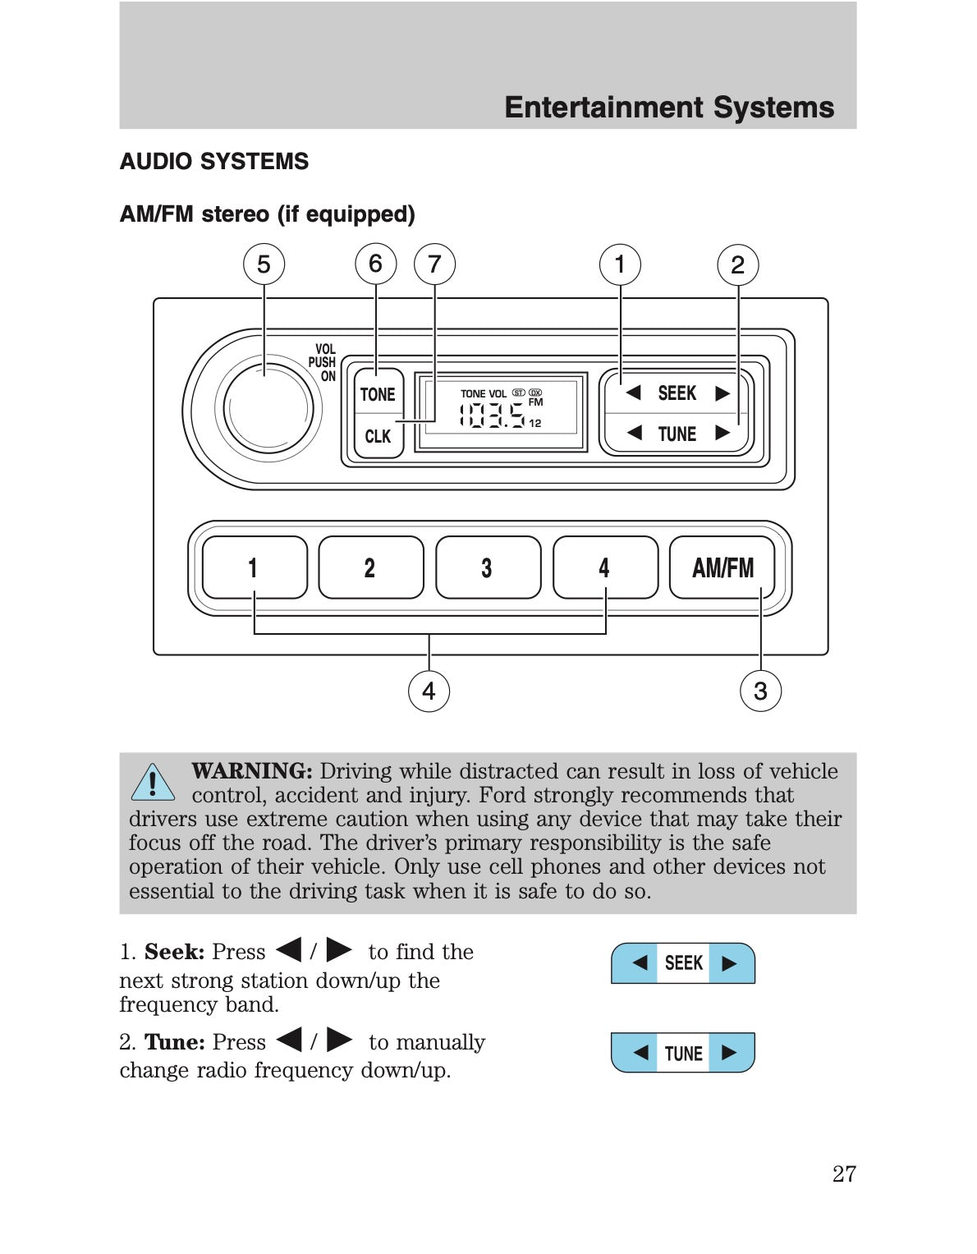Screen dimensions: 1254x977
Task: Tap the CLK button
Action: pos(378,436)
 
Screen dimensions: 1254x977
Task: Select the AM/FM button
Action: pos(722,567)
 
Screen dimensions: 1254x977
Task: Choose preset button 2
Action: pos(370,567)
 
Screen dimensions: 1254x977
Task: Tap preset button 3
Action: pos(488,567)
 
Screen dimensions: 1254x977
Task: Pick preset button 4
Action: pos(605,567)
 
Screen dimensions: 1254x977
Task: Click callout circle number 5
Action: pos(264,264)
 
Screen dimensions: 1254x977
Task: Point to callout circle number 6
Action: pos(375,264)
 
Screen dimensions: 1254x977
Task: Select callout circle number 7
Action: pos(434,264)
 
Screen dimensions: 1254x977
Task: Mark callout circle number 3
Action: pos(760,691)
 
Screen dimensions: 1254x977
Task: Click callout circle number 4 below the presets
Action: pos(429,691)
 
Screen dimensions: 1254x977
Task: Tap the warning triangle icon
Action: pos(153,782)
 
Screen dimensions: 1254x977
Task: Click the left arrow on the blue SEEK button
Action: pos(640,962)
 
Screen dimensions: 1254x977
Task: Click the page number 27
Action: pos(844,1174)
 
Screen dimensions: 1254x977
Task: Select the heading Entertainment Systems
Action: pos(669,108)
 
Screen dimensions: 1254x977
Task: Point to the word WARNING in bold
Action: pos(251,770)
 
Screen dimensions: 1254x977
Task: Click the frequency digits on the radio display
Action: pos(492,415)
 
